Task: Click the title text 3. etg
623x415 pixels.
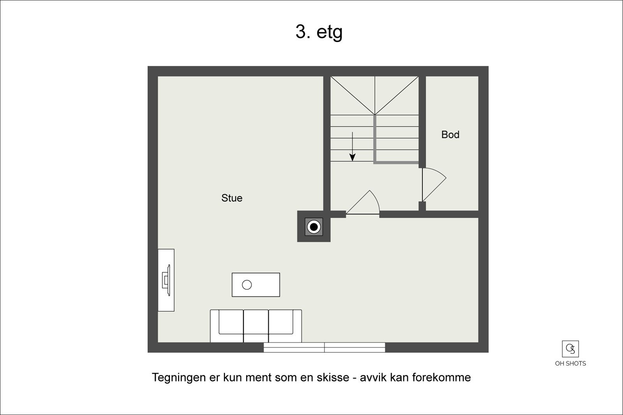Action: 319,32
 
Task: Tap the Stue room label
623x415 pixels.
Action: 232,198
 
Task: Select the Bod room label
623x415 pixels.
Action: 450,135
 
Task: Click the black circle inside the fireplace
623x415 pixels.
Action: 313,227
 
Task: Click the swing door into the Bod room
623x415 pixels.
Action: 433,184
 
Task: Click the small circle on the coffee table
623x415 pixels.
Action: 247,285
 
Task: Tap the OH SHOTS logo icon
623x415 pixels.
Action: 570,349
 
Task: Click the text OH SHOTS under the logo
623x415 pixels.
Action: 570,364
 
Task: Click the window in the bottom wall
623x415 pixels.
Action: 324,347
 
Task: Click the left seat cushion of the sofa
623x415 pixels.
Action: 231,322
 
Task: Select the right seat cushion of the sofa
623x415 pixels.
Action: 281,322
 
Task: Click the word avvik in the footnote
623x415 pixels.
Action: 373,378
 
